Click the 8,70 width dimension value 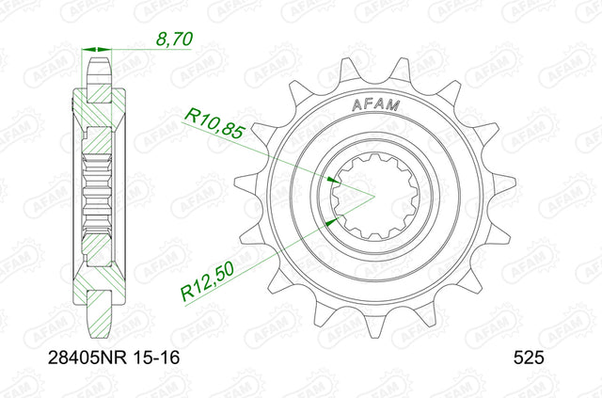(x=174, y=40)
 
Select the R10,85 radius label (x=214, y=123)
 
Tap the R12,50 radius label (x=207, y=281)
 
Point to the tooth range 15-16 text (x=156, y=358)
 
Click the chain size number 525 (x=529, y=358)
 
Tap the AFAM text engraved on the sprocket (x=376, y=104)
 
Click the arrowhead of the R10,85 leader (x=333, y=180)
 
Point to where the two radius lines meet (x=374, y=197)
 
